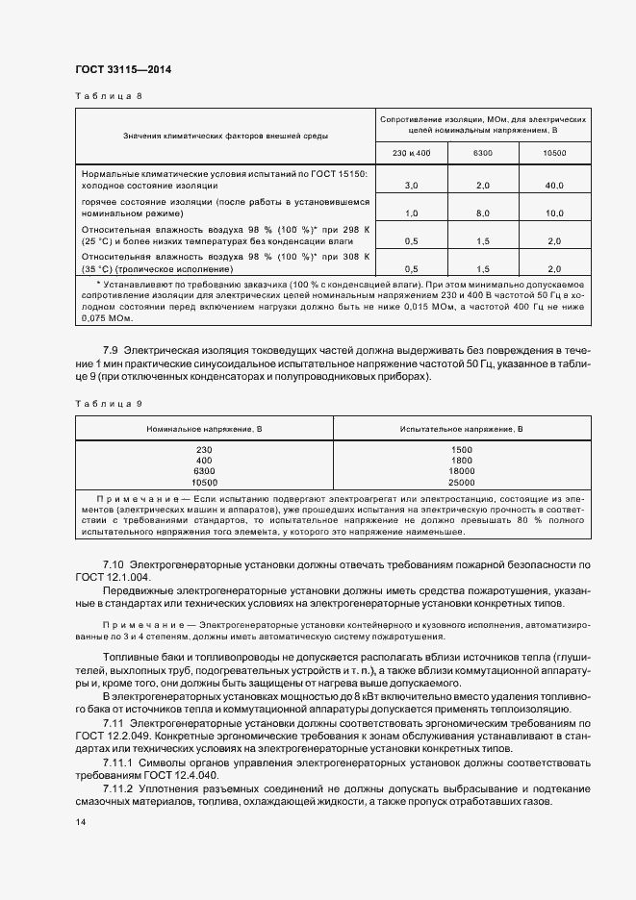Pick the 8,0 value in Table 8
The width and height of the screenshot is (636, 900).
coord(483,212)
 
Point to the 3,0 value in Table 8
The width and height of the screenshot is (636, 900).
coord(411,185)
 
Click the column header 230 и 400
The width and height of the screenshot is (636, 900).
coord(411,154)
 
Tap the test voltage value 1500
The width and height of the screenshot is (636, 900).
coord(462,450)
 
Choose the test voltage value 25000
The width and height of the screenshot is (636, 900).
coord(462,482)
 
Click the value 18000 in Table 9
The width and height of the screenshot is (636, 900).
coord(462,471)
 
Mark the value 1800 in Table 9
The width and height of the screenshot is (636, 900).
coord(462,461)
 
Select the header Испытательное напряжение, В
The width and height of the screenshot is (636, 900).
coord(462,428)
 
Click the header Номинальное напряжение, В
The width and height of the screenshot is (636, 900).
coord(204,428)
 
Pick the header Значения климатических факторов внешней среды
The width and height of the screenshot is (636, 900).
coord(224,137)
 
